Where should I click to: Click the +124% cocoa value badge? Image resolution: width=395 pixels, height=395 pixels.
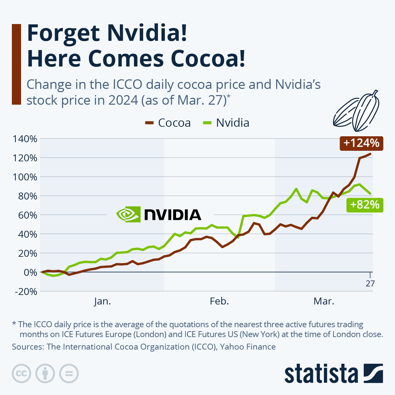click(361, 143)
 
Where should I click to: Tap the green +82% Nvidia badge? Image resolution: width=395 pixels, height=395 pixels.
click(365, 205)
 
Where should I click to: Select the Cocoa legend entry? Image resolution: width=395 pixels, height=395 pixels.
click(168, 123)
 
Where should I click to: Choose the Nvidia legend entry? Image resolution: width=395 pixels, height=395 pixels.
click(226, 123)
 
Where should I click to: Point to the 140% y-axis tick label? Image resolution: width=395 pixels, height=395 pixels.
click(25, 139)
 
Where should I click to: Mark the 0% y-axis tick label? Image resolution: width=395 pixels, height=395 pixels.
click(29, 272)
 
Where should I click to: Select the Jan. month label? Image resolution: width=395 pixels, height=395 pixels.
click(102, 301)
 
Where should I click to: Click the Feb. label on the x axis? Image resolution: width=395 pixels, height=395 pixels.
click(219, 301)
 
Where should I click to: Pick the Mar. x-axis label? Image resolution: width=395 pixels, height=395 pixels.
click(324, 301)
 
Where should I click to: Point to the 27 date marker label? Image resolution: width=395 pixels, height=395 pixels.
click(370, 283)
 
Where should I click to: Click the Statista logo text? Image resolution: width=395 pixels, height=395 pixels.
click(321, 374)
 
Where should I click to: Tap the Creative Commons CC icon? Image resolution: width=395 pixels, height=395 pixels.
click(21, 374)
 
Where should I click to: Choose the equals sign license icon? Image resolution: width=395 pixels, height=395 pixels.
click(69, 374)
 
